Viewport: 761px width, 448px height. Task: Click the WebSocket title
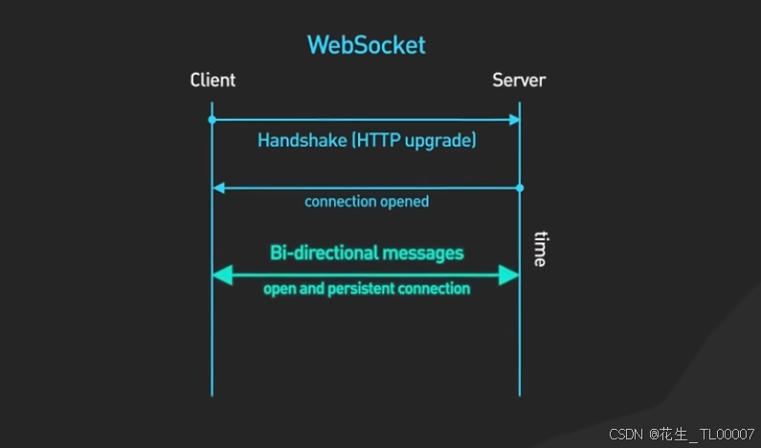pos(367,44)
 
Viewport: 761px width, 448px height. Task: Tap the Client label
pos(213,79)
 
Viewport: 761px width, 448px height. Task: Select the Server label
pos(519,79)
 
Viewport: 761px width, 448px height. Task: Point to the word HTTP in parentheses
pos(379,140)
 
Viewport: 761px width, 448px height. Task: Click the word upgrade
pos(441,141)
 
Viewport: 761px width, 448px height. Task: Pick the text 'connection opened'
pos(367,202)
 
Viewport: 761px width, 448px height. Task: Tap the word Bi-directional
pos(325,253)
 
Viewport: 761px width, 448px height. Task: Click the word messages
pos(423,253)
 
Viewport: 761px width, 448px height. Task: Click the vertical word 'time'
pos(540,248)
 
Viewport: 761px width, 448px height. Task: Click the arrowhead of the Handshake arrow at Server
pos(514,120)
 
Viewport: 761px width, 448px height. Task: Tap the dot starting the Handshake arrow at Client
pos(213,120)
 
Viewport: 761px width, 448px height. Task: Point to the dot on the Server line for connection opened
pos(520,188)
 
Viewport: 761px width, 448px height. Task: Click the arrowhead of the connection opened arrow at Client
pos(218,188)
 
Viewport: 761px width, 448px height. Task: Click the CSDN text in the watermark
pos(627,434)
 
